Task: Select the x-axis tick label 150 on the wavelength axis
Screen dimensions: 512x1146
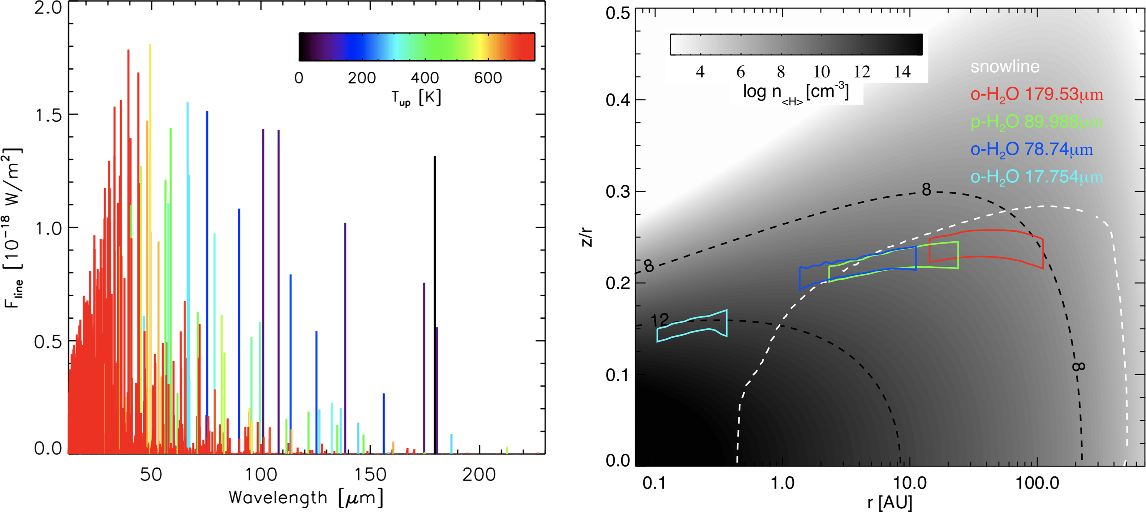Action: click(370, 475)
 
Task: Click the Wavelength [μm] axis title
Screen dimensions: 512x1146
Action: click(306, 498)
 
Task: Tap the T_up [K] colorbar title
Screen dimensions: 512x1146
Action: click(416, 97)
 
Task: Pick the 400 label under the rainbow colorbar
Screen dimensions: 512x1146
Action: click(425, 78)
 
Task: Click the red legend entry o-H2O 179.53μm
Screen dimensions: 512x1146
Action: click(1036, 95)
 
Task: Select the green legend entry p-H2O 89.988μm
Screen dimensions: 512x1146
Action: click(1036, 122)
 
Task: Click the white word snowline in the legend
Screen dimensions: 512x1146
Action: click(1005, 67)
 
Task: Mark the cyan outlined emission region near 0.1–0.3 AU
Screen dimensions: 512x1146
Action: click(692, 326)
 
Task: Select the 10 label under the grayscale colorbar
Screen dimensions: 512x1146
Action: click(821, 71)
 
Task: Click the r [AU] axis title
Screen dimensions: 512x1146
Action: click(889, 502)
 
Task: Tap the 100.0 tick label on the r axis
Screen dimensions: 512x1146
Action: click(1037, 483)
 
